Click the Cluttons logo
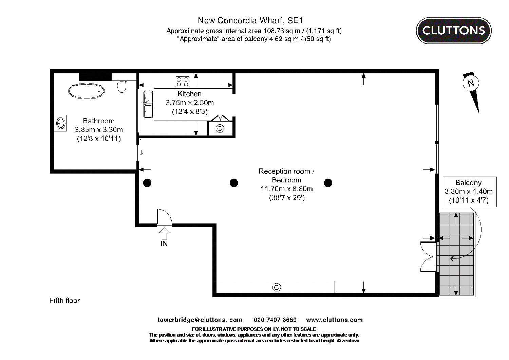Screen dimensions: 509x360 pos(453,31)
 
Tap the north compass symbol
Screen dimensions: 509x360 pos(471,83)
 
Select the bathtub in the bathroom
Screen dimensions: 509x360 pos(86,91)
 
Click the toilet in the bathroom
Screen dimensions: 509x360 pos(121,86)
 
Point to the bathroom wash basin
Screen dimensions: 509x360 pos(61,123)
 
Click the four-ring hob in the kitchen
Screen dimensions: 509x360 pos(182,82)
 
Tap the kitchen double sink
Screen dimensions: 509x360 pos(148,104)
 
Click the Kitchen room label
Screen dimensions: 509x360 pos(189,94)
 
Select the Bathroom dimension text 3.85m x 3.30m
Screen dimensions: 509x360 pos(99,129)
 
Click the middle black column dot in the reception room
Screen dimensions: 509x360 pos(234,183)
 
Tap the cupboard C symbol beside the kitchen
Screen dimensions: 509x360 pos(220,129)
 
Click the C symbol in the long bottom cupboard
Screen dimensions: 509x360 pos(277,288)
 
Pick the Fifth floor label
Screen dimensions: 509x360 pos(64,301)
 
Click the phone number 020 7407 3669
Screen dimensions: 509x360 pos(275,320)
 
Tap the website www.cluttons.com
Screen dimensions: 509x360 pos(334,320)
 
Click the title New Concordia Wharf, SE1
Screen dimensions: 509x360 pos(250,20)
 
